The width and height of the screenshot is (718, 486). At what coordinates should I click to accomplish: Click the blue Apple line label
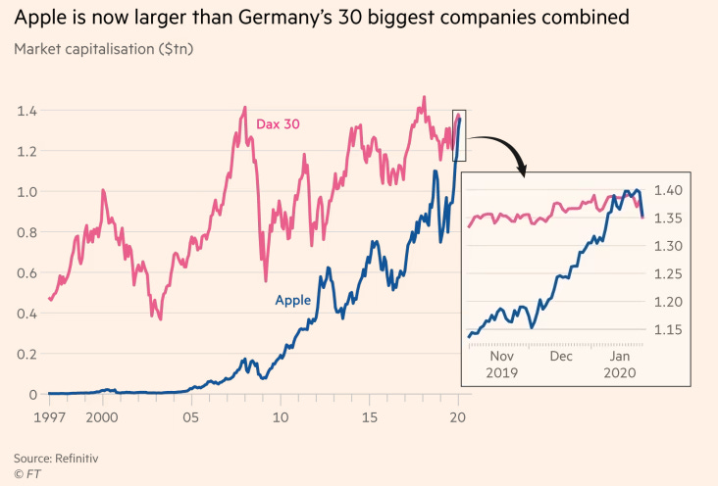click(293, 300)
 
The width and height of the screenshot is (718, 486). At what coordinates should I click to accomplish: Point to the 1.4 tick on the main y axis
click(26, 111)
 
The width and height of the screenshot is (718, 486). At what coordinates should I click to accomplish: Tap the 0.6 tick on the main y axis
click(26, 273)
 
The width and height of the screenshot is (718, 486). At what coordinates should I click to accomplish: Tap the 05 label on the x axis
click(190, 415)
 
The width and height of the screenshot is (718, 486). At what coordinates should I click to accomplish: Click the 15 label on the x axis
click(368, 415)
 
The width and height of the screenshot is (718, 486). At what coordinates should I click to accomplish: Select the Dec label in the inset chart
click(561, 358)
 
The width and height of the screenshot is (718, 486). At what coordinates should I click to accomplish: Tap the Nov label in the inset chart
click(501, 358)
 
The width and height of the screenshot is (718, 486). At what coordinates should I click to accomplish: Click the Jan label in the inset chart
click(620, 358)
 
